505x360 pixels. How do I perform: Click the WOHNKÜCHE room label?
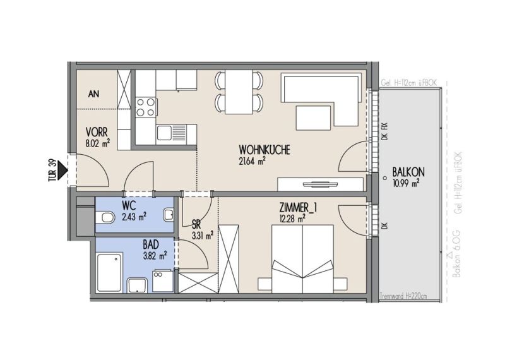[x=264, y=150]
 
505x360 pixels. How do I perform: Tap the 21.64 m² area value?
[x=252, y=161]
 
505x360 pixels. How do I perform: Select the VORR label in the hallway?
[x=97, y=132]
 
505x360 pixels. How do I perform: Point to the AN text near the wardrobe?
[x=93, y=93]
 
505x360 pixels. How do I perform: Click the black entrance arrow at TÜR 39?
[x=63, y=170]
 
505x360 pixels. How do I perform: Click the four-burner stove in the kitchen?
[x=146, y=107]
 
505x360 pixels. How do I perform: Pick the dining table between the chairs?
[x=239, y=92]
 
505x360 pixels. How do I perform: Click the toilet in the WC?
[x=105, y=217]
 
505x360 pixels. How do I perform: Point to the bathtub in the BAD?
[x=109, y=272]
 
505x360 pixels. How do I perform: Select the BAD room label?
[x=151, y=244]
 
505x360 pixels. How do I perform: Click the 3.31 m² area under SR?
[x=203, y=236]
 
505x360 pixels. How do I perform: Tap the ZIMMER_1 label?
[x=298, y=208]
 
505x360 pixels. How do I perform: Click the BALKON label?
[x=408, y=172]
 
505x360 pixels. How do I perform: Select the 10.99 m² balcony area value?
[x=406, y=183]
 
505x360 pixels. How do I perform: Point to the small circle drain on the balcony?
[x=384, y=178]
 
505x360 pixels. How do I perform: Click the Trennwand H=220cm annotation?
[x=403, y=296]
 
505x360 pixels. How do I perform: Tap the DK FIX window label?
[x=384, y=131]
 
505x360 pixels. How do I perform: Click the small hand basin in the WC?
[x=169, y=215]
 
